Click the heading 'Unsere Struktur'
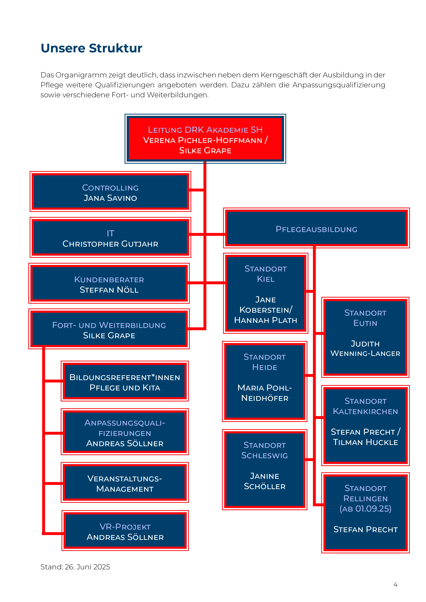[x=91, y=48]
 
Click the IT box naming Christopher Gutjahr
[x=110, y=238]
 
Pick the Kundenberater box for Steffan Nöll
[x=109, y=284]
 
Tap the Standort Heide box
[x=265, y=381]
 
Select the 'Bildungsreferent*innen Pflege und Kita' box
[x=125, y=381]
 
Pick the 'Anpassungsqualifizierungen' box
[x=125, y=432]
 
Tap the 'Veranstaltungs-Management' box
[x=125, y=483]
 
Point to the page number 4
[x=395, y=584]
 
